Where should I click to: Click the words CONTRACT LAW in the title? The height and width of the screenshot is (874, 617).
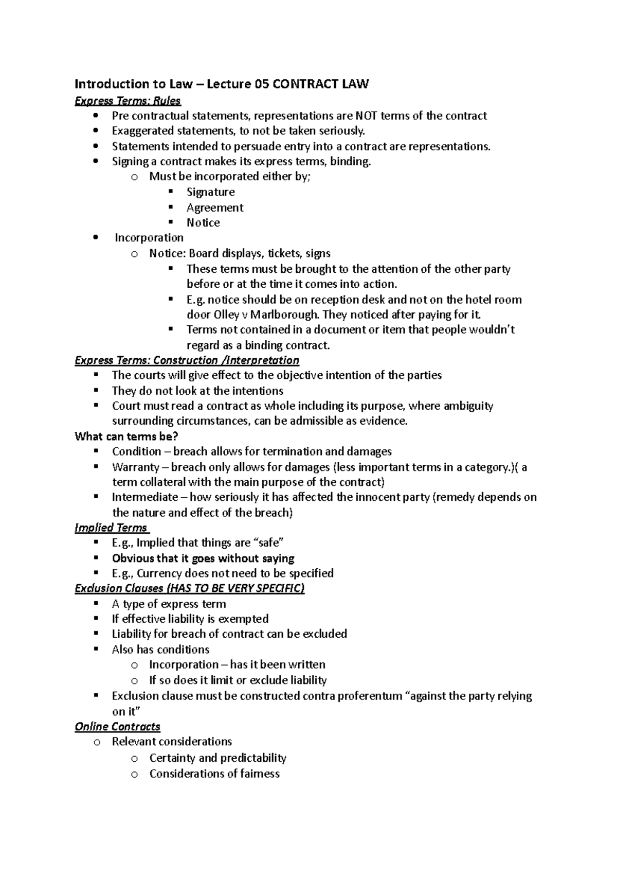(320, 84)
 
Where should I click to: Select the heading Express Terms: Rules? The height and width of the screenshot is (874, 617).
(128, 101)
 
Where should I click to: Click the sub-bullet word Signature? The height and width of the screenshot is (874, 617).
(210, 192)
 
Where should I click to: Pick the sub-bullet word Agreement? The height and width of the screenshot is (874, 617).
(215, 207)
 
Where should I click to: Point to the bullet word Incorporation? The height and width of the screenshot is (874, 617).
(149, 238)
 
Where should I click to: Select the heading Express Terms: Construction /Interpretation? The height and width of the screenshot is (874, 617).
(187, 360)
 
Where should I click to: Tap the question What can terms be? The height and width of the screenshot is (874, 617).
(126, 436)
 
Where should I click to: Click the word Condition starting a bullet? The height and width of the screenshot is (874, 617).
(136, 451)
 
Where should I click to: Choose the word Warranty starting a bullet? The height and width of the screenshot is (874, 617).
(136, 467)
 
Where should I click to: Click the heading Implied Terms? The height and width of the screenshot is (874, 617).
(111, 528)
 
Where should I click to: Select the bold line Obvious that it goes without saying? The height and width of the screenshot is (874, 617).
(203, 558)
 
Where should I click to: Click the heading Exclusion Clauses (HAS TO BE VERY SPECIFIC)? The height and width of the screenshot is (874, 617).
(189, 588)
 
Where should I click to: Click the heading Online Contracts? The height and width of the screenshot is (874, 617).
(117, 727)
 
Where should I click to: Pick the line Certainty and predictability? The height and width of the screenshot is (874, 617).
(217, 758)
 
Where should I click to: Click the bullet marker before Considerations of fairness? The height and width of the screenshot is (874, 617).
(134, 774)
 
